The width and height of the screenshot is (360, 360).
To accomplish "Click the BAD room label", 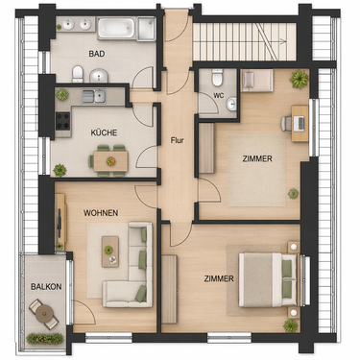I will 97,55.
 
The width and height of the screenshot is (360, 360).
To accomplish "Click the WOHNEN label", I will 101,211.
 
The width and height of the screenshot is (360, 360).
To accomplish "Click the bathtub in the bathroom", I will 126,29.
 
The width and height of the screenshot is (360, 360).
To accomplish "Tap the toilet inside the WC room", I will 218,77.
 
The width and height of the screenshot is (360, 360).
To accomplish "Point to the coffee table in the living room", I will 110,247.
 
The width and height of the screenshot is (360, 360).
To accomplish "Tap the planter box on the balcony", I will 44,338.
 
